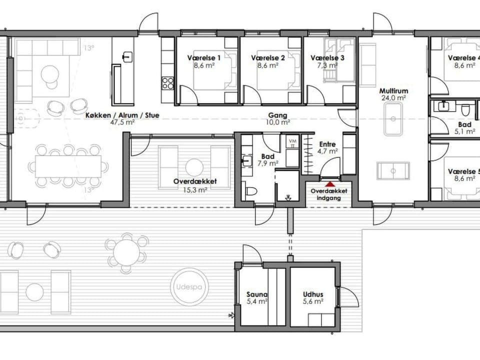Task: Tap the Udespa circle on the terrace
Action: click(190, 287)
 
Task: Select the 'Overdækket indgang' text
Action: click(328, 194)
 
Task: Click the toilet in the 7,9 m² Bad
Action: click(251, 190)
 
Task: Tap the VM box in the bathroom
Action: click(292, 143)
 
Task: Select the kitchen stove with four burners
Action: click(168, 82)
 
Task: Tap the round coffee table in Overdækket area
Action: click(194, 167)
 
